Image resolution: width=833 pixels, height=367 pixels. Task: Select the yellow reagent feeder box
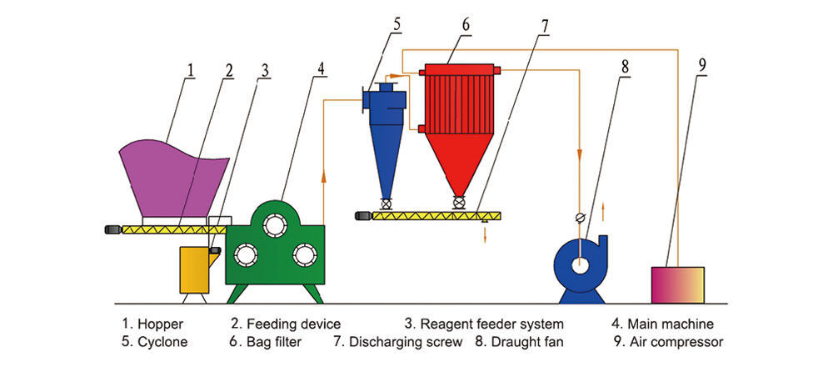pyautogui.click(x=197, y=269)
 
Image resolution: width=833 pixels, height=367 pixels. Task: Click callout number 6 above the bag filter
pyautogui.click(x=466, y=23)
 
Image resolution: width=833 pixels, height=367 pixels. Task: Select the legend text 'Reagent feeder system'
pyautogui.click(x=491, y=324)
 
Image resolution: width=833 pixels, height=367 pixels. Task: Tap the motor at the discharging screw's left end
pyautogui.click(x=362, y=216)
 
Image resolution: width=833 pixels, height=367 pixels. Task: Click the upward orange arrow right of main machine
pyautogui.click(x=322, y=175)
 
